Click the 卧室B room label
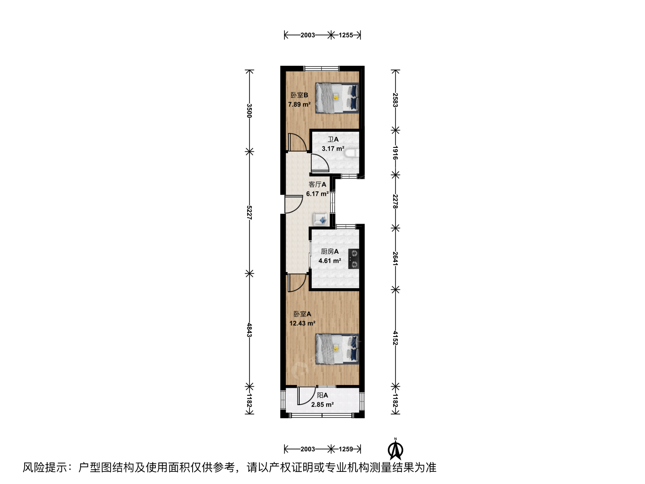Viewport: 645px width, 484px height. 299,95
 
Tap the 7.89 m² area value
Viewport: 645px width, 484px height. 299,104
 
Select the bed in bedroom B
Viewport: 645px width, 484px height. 337,98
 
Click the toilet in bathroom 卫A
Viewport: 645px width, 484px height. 352,154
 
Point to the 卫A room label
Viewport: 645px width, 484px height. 333,139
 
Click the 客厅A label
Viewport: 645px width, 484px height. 318,185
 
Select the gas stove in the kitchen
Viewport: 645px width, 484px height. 353,259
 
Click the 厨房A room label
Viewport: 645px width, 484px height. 330,251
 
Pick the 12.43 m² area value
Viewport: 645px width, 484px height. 302,323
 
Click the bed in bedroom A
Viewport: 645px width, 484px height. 337,349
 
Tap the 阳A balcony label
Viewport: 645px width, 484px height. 322,396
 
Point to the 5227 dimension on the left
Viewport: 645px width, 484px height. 249,212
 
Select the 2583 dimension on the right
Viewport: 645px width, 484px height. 396,100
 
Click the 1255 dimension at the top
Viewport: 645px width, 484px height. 345,35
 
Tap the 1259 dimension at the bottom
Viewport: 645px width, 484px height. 345,449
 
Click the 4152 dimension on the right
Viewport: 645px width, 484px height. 396,338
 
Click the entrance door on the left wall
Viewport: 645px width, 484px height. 293,204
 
